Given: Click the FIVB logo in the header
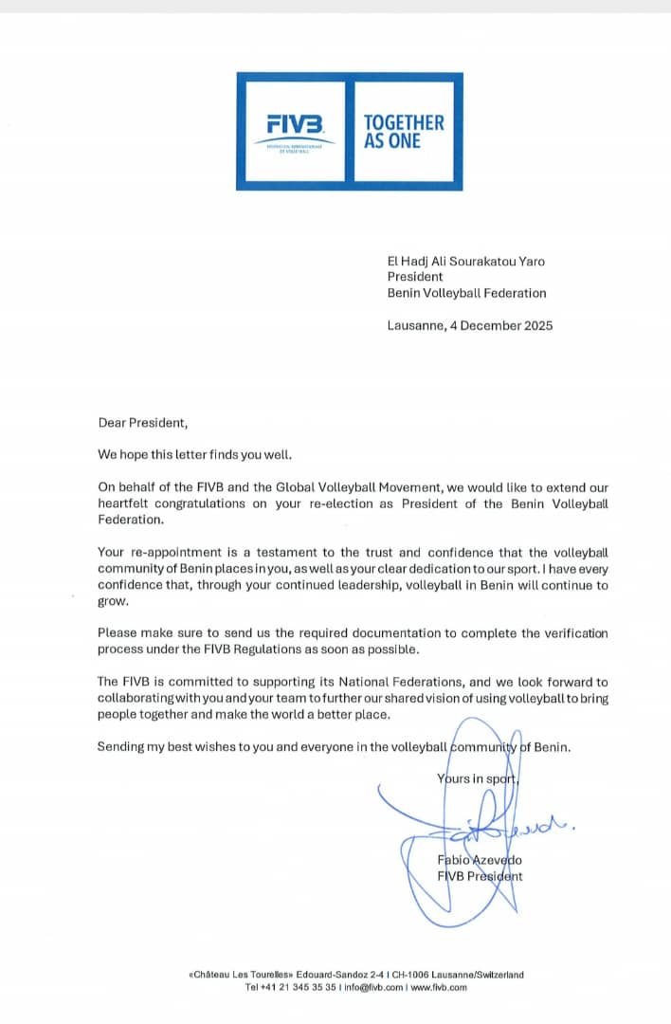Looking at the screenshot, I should [x=295, y=125].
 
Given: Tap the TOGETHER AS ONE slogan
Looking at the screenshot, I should [x=404, y=131].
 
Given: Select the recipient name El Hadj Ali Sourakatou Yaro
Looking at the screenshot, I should [x=466, y=262].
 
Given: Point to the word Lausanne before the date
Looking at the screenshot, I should [x=414, y=325].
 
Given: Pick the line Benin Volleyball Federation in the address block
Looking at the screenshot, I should [x=466, y=294].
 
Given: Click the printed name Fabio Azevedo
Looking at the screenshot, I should [x=481, y=859].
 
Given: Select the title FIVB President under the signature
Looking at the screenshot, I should [x=480, y=876].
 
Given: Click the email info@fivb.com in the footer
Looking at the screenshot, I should [x=372, y=987].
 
